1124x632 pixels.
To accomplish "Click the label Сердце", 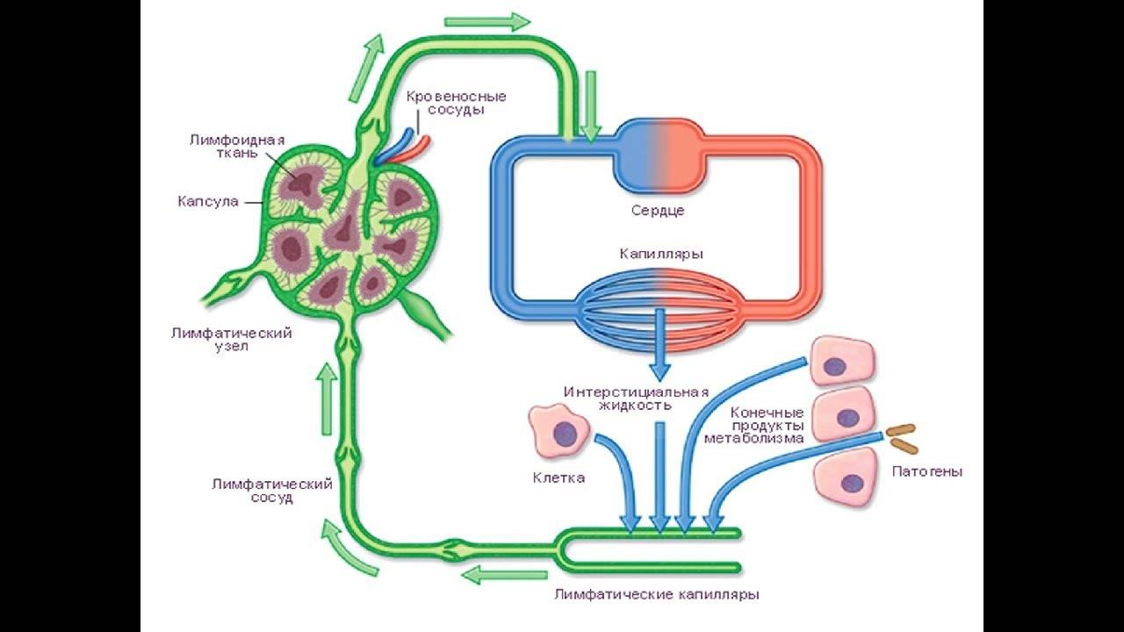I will (658, 211).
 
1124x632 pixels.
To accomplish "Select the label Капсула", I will (208, 202).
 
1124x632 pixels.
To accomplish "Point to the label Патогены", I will (927, 471).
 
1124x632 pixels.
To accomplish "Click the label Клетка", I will (558, 478).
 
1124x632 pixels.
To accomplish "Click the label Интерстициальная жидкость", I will (637, 398).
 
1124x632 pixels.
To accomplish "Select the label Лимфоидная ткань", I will (223, 146).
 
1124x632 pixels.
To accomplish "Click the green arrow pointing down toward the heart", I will (591, 105).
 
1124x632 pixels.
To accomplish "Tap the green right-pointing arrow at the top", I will (487, 21).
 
